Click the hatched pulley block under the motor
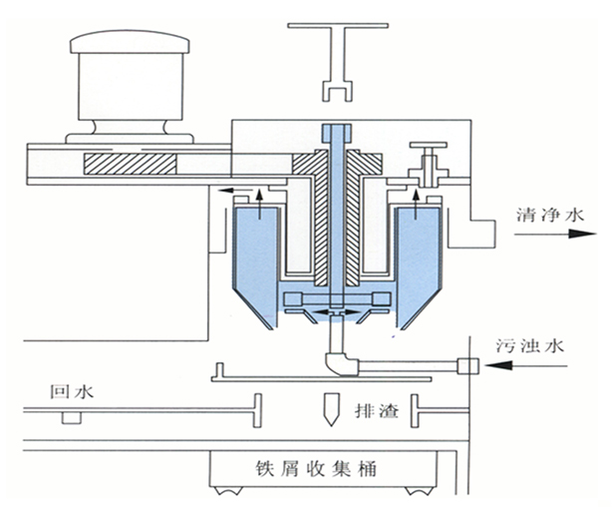point(130,162)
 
